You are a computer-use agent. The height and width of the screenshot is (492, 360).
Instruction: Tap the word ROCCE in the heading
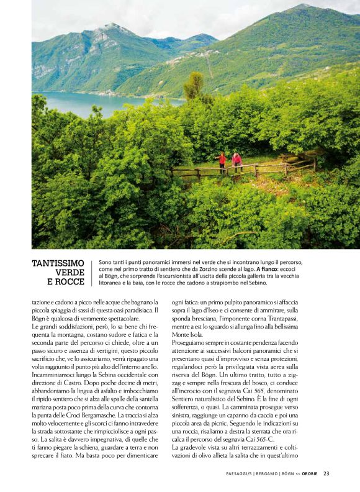pos(70,282)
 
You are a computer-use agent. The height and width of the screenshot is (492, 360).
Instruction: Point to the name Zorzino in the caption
pos(207,269)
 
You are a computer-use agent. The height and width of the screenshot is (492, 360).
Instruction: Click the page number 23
pos(326,473)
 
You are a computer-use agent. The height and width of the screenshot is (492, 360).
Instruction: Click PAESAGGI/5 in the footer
pos(238,473)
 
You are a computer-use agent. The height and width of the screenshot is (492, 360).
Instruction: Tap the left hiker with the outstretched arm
pos(222,163)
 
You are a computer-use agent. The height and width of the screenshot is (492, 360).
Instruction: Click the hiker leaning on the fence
pos(236,162)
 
